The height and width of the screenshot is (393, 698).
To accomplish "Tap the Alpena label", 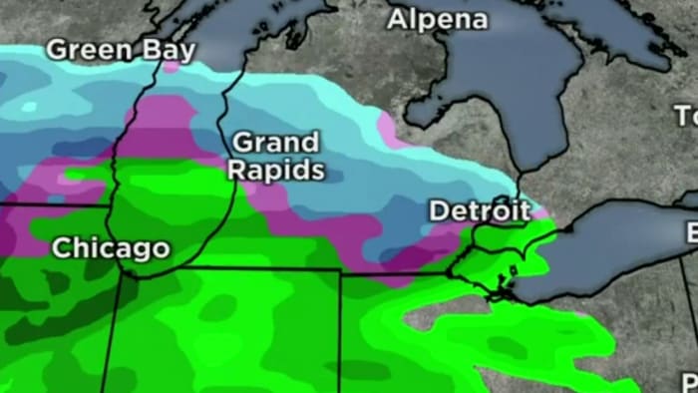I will coord(438,18).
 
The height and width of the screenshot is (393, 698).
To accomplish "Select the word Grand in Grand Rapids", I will coord(275,143).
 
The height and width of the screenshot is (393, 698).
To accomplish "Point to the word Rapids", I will coord(275,171).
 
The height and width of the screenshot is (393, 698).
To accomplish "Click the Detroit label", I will coord(480,210).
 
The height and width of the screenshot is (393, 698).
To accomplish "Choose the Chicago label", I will coord(111,247).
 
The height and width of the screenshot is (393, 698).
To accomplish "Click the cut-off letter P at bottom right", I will coord(689,381).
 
